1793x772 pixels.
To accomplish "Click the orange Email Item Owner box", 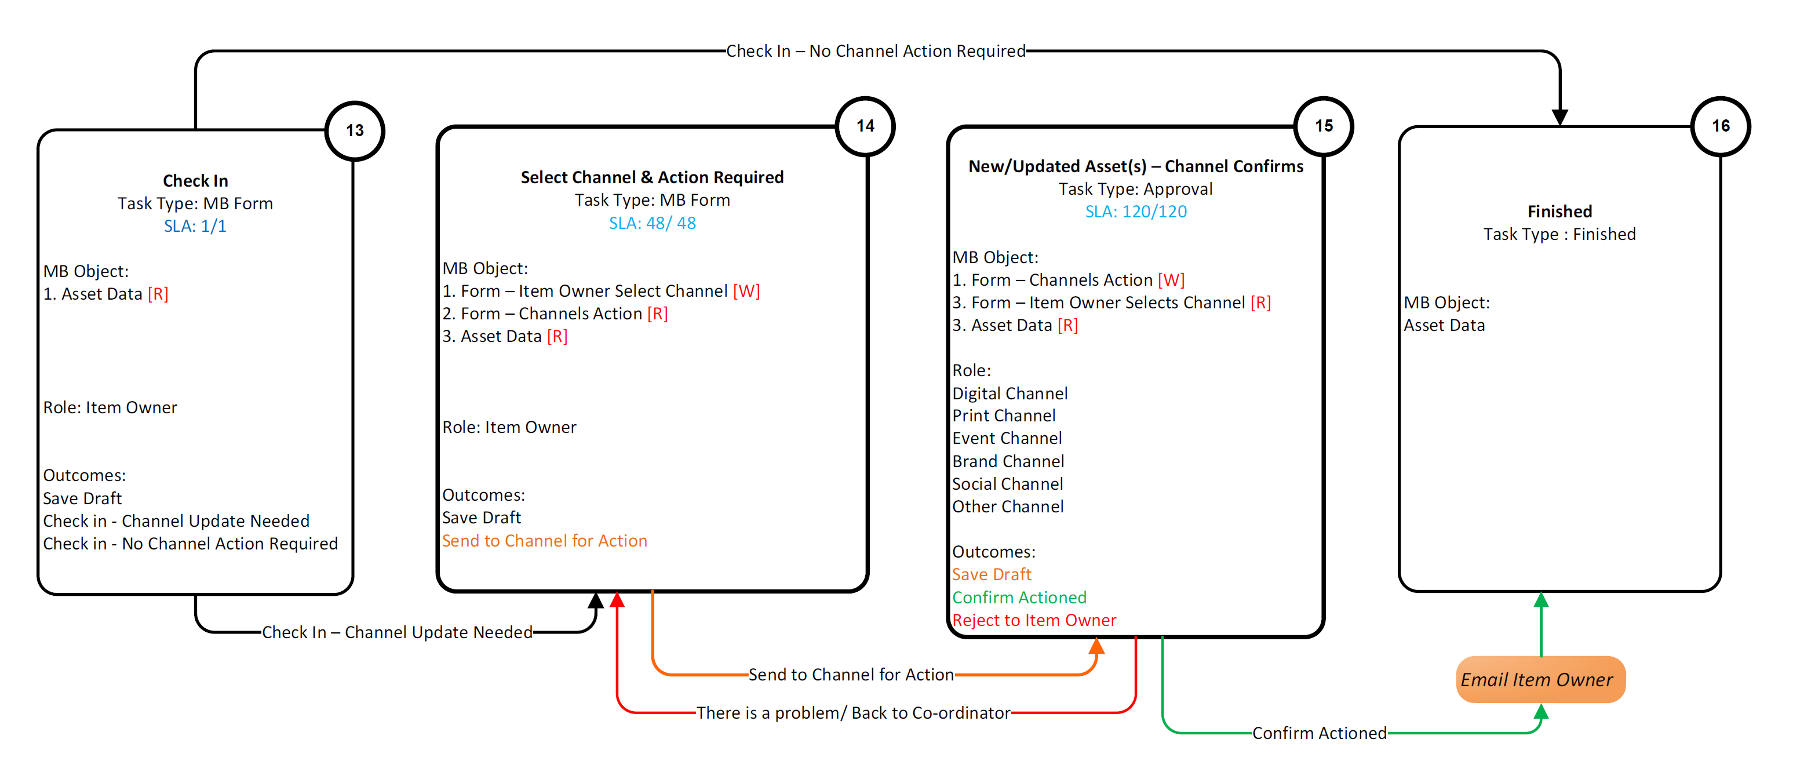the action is click(x=1540, y=679).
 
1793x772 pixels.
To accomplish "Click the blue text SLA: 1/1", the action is click(x=195, y=226).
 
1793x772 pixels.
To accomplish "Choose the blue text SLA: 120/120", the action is click(x=1136, y=212).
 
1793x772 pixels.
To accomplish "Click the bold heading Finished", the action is click(x=1559, y=212).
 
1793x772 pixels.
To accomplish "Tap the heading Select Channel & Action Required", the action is click(x=652, y=177).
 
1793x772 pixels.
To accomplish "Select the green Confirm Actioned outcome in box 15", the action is click(x=1019, y=598).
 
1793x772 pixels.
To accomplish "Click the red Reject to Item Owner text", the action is click(x=1034, y=620).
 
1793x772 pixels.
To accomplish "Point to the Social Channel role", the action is click(x=1007, y=484).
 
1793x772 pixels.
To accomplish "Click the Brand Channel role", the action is click(x=1008, y=461).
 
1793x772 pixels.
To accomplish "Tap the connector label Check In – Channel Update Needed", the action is click(x=397, y=632).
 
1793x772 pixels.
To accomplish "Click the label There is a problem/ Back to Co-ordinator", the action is click(x=854, y=713).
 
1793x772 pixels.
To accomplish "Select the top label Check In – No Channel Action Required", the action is click(x=876, y=51).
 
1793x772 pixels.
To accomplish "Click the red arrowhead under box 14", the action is click(x=617, y=599).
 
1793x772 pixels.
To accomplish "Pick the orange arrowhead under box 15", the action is click(x=1096, y=646).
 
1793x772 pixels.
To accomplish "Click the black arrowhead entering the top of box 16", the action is click(x=1560, y=118).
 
